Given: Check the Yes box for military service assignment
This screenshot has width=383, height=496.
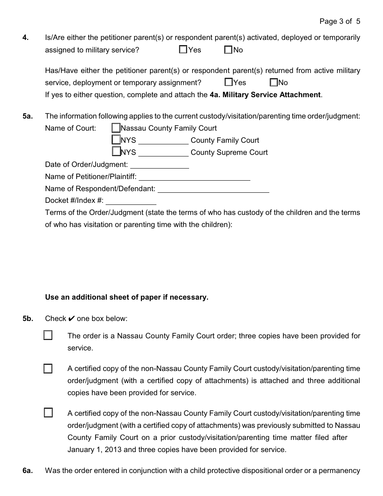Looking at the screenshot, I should pyautogui.click(x=183, y=50).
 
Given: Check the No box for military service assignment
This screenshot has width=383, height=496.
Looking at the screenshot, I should pyautogui.click(x=229, y=50).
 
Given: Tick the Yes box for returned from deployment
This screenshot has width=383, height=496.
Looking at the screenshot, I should pyautogui.click(x=229, y=82).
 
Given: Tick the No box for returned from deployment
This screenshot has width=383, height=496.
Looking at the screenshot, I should pyautogui.click(x=274, y=82).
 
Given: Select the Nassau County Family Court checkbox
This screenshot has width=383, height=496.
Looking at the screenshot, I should pyautogui.click(x=116, y=128).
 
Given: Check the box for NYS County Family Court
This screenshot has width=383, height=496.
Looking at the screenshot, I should pyautogui.click(x=116, y=140).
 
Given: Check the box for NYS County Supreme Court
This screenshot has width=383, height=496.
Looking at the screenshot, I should pyautogui.click(x=116, y=152).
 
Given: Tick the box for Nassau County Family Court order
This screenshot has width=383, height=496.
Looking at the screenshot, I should pyautogui.click(x=48, y=336).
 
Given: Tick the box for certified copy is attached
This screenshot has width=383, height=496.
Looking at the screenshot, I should pyautogui.click(x=48, y=369).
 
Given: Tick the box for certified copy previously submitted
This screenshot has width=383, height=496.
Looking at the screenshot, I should pyautogui.click(x=48, y=413).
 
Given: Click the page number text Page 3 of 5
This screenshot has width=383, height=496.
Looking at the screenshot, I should pyautogui.click(x=339, y=21).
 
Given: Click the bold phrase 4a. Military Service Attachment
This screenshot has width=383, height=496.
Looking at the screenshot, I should pyautogui.click(x=265, y=95).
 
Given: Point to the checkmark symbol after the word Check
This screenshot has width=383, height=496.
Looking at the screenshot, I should pyautogui.click(x=71, y=319).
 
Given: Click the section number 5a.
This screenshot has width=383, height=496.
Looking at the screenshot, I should pyautogui.click(x=27, y=116).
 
